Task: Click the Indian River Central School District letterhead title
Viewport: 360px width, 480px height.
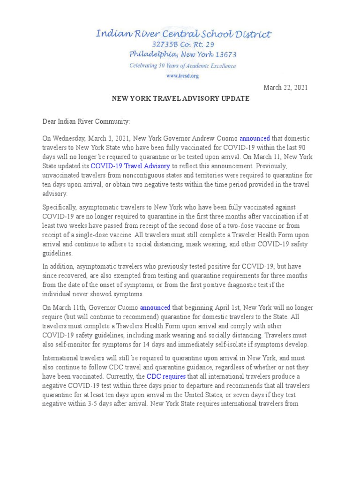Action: [183, 34]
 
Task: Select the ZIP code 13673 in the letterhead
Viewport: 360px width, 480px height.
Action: [223, 55]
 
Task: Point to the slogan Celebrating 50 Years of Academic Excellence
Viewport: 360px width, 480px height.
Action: [183, 66]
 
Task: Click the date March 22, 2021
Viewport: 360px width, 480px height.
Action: [285, 87]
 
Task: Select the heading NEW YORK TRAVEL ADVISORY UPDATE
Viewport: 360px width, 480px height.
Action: [180, 99]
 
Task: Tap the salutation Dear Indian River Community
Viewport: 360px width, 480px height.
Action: [86, 121]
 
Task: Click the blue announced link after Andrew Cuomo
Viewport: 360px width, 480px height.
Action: [255, 139]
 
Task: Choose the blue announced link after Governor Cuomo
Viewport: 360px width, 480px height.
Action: [155, 308]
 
